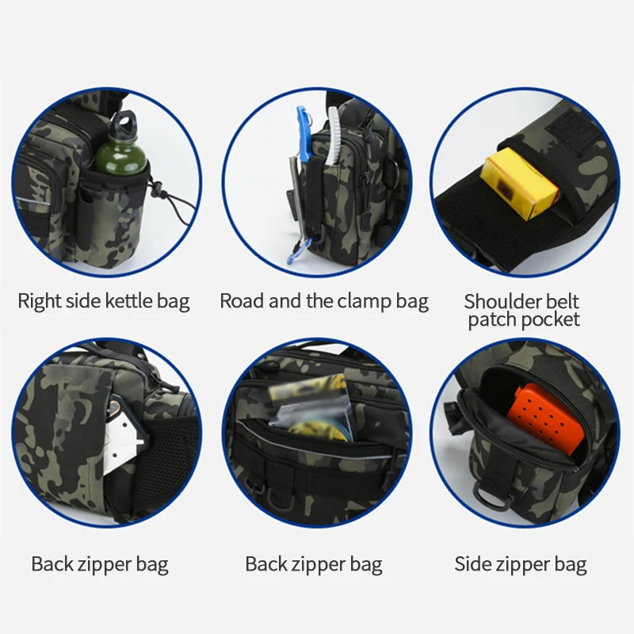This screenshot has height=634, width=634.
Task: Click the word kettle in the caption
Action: (131, 301)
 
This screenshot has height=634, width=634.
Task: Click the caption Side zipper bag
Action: (521, 564)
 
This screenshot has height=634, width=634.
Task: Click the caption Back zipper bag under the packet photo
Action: (314, 564)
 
